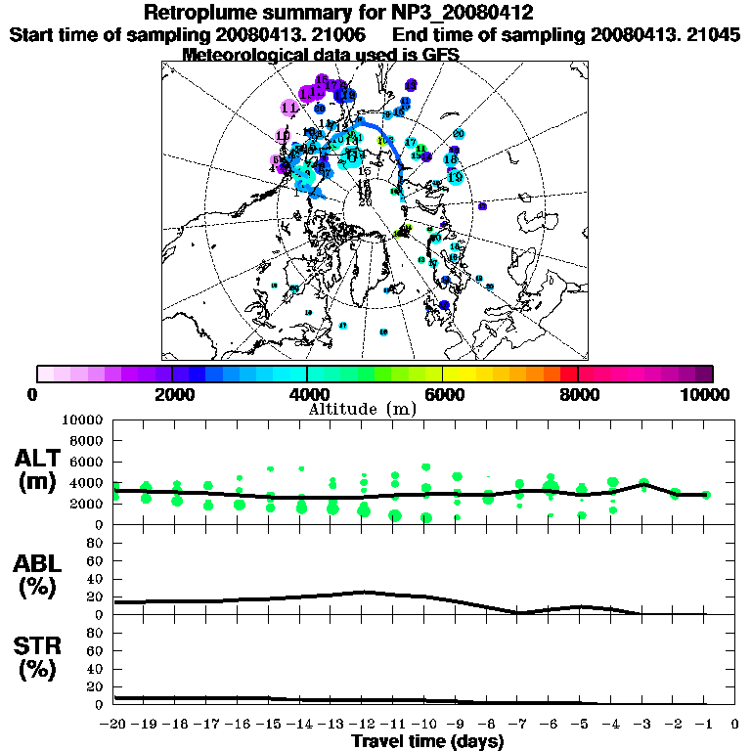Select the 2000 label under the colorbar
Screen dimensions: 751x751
[x=172, y=394]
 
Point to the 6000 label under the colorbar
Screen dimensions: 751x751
[x=443, y=394]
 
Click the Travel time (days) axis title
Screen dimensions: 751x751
[x=427, y=742]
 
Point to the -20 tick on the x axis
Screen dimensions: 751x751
[x=114, y=725]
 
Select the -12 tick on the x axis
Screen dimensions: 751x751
[x=363, y=725]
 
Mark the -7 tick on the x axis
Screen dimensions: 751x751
[x=518, y=725]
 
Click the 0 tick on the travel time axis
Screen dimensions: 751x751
[x=735, y=725]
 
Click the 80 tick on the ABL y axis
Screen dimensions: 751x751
[x=97, y=542]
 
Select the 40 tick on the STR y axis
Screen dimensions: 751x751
[x=97, y=668]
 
